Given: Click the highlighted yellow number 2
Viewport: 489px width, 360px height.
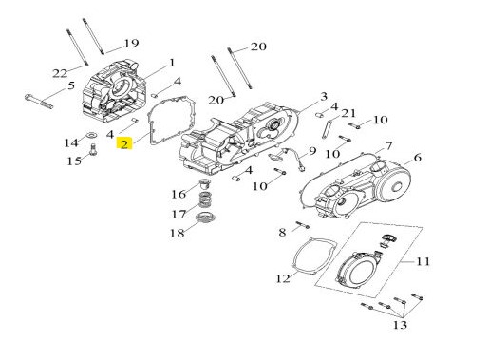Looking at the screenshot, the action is click(x=124, y=144).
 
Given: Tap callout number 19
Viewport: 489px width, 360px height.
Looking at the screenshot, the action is click(x=131, y=43).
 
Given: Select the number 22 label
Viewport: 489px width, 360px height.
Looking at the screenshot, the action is click(x=60, y=74).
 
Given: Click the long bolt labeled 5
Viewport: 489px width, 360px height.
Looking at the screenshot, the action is click(x=39, y=102).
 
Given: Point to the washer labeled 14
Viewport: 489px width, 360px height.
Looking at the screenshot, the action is click(x=92, y=135).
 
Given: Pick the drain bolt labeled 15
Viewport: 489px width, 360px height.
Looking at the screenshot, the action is click(x=93, y=149).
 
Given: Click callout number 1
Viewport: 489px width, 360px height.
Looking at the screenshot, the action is click(x=172, y=63).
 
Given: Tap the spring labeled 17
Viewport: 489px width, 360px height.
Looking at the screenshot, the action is click(x=206, y=199).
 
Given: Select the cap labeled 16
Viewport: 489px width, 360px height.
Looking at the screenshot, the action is click(x=205, y=184).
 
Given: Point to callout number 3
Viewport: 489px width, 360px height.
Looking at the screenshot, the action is click(x=324, y=97).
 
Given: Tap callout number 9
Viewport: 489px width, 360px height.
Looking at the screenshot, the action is click(x=312, y=151).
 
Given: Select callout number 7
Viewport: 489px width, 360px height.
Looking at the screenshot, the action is click(x=388, y=146).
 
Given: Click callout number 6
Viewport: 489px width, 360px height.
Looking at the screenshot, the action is click(x=418, y=158).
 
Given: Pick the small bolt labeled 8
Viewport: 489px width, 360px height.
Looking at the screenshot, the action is click(x=303, y=225).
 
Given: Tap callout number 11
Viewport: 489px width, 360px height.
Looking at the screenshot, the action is click(x=423, y=262).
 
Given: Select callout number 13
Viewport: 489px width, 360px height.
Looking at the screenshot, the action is click(x=400, y=325).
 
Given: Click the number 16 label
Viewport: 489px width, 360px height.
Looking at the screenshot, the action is click(x=179, y=194).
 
